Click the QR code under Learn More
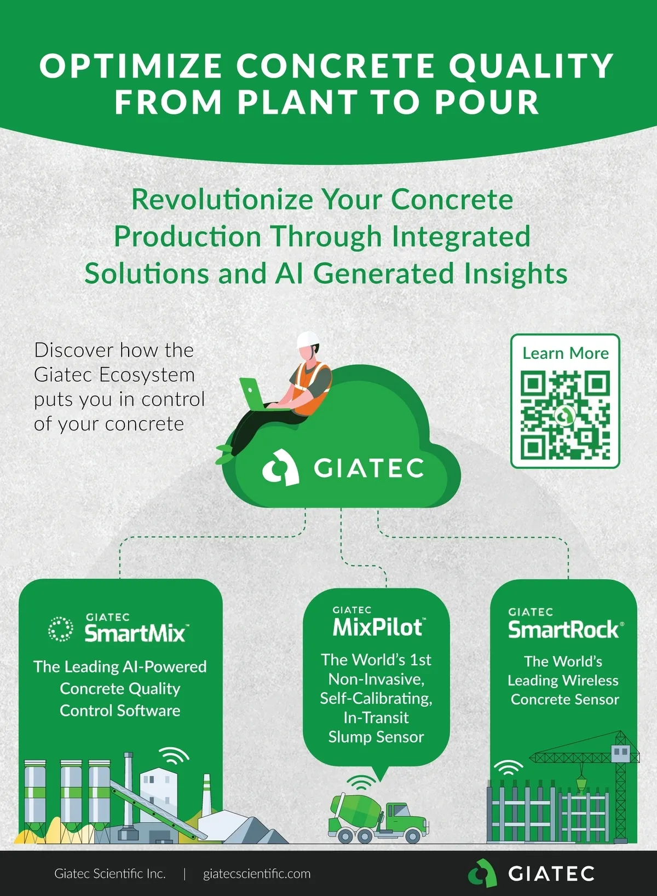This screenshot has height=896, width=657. coord(565,415)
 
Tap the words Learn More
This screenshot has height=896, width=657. coord(566,353)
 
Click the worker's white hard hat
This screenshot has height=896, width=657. coord(308,340)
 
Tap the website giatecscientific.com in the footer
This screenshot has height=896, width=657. coord(257,874)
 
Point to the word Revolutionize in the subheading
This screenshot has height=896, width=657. coord(222,199)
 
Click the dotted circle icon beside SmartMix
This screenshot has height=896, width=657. coord(60,629)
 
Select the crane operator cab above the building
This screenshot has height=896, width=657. coord(620,752)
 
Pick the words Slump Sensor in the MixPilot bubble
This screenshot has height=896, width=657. coord(376,737)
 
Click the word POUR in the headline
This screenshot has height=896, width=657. coord(487,102)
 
